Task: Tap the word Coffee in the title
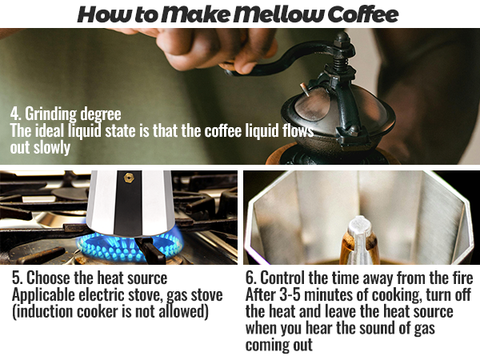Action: pos(359,14)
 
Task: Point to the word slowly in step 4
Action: pos(53,148)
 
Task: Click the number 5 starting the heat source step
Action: pos(15,278)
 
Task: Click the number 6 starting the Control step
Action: pos(250,278)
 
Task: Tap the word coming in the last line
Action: pos(270,345)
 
